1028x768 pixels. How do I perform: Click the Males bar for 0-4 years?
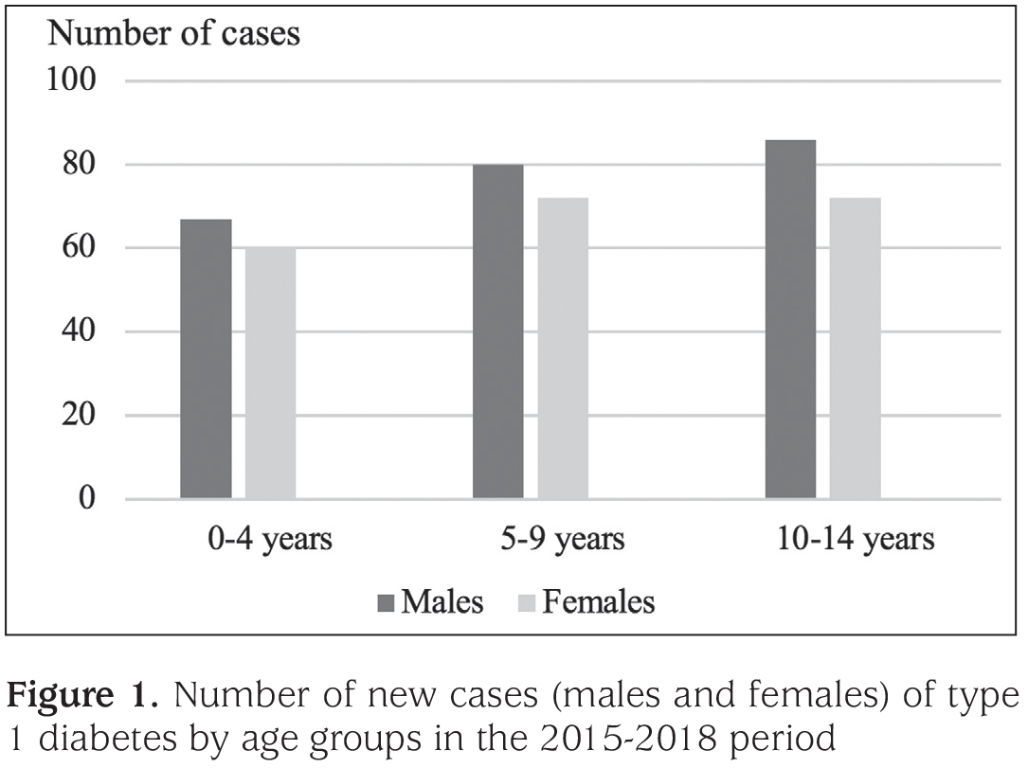pos(206,359)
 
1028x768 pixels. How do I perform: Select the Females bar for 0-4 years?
pos(271,373)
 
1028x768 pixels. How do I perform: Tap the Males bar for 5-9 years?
pos(498,331)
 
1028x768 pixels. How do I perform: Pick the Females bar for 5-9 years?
pos(563,348)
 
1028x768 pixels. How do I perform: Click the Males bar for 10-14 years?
pos(791,320)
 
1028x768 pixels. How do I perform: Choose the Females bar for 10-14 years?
pos(856,348)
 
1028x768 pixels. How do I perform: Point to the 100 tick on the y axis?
pos(71,80)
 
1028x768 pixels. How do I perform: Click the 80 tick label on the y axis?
pos(79,164)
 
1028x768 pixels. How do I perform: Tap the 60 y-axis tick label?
pos(79,248)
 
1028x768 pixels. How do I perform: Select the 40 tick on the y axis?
pos(79,330)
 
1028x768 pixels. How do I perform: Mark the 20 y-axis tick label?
pos(79,415)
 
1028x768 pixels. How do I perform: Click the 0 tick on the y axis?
pos(87,499)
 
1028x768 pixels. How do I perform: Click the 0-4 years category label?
pos(270,539)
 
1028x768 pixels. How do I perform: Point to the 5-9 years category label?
pos(563,539)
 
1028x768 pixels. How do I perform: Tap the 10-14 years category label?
pos(856,539)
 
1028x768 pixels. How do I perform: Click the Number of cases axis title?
pos(174,33)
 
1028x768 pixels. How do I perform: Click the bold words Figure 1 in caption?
pos(81,695)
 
